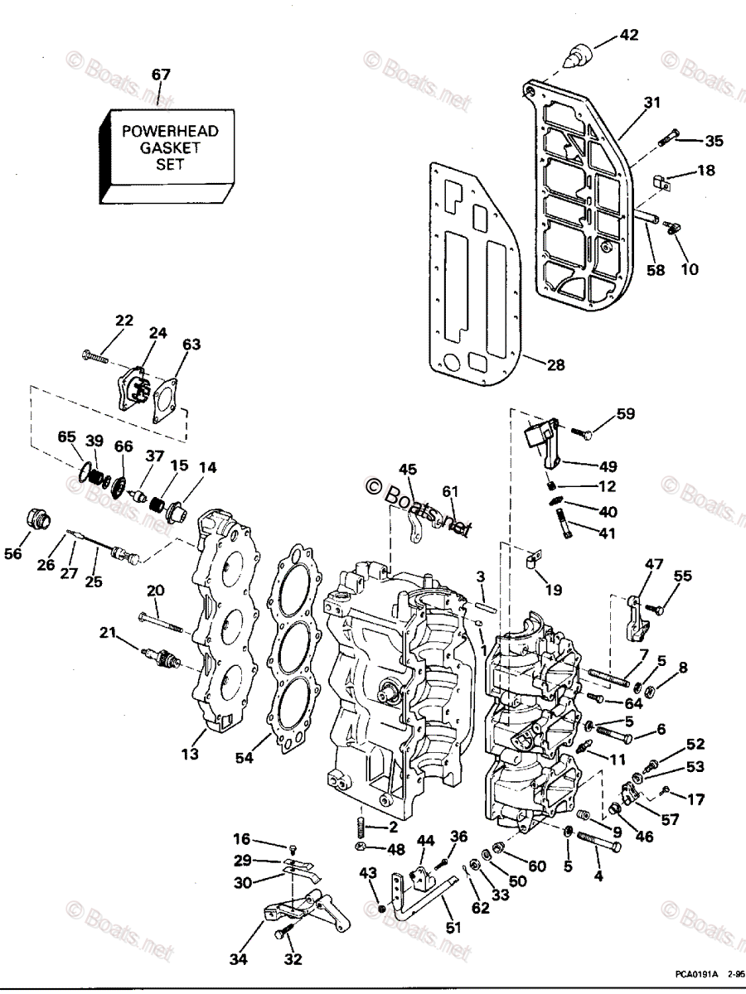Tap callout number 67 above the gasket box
pos(161,75)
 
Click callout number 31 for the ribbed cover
pos(653,103)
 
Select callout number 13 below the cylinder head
pos(191,754)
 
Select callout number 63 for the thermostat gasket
pos(191,344)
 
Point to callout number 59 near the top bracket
pos(625,413)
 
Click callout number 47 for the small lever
pos(655,564)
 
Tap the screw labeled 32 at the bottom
pos(284,934)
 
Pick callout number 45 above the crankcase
pos(407,470)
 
